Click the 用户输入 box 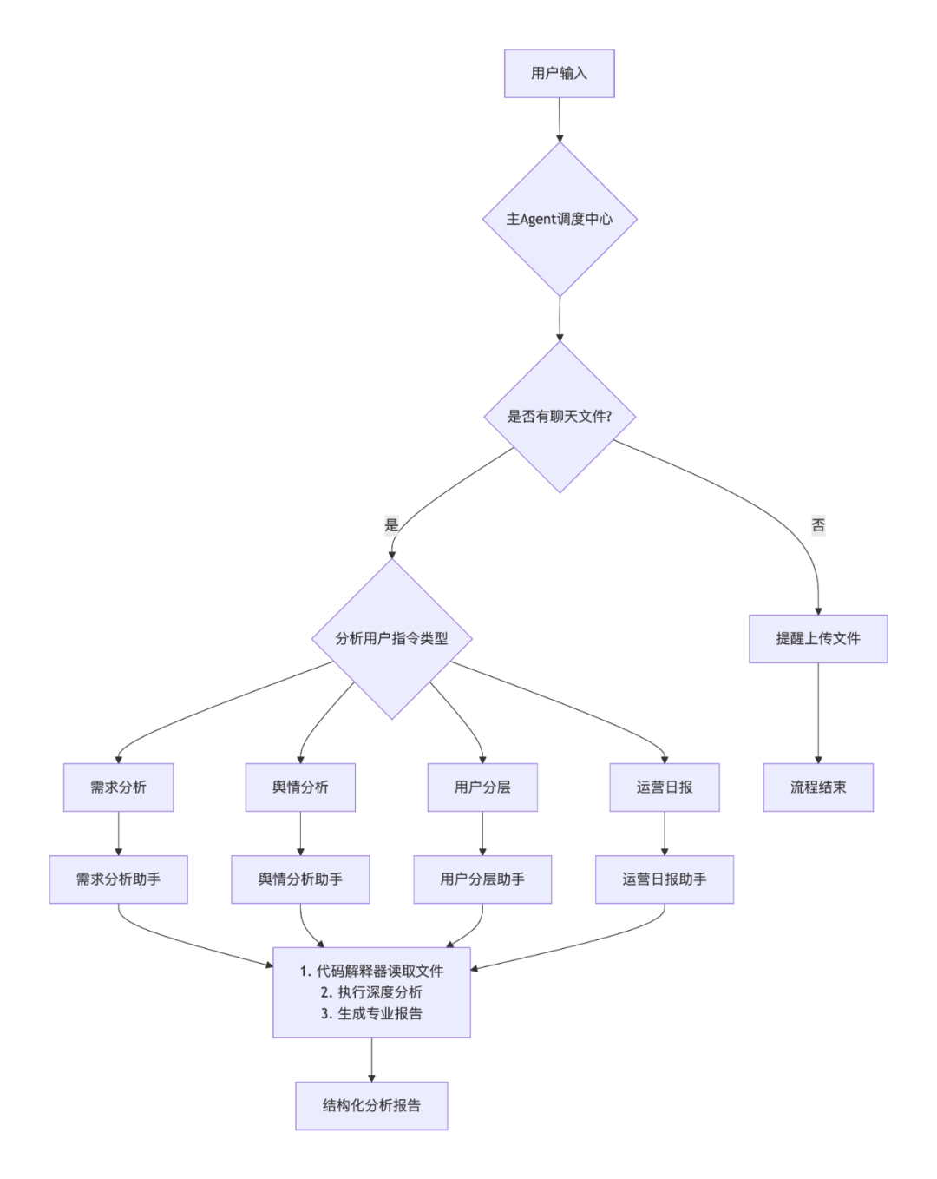click(x=560, y=74)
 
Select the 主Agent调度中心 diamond click(x=560, y=219)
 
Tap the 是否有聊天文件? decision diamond click(x=560, y=417)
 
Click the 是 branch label click(x=391, y=525)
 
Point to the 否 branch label click(x=818, y=525)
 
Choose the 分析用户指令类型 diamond click(x=392, y=639)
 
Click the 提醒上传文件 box click(x=818, y=639)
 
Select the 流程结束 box click(x=818, y=787)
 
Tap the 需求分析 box click(x=119, y=787)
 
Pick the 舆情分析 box click(x=300, y=787)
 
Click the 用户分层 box click(x=482, y=787)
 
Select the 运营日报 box click(x=665, y=787)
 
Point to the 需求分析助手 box click(x=119, y=879)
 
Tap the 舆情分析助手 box click(x=300, y=879)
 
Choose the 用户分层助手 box click(x=482, y=879)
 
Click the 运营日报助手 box click(x=665, y=879)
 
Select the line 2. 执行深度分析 click(x=371, y=992)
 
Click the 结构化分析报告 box click(x=371, y=1106)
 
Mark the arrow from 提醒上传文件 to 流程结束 click(x=818, y=712)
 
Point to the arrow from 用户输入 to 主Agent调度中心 click(x=560, y=119)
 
